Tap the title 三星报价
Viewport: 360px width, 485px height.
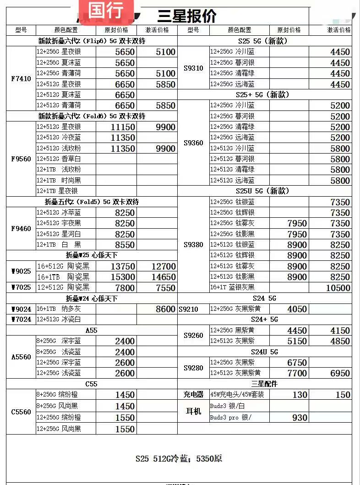click(186, 16)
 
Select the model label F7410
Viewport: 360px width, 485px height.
click(21, 79)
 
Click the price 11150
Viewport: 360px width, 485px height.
click(123, 127)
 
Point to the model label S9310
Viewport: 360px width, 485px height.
click(193, 68)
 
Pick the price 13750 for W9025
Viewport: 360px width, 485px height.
click(123, 266)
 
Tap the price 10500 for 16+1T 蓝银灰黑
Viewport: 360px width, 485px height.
click(338, 288)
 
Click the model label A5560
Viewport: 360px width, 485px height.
click(21, 357)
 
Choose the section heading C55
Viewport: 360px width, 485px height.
click(92, 384)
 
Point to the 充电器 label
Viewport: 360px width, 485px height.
click(193, 395)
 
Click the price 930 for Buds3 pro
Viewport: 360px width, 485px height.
click(300, 418)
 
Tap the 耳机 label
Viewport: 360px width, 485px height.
click(193, 412)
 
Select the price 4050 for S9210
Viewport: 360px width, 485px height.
click(297, 309)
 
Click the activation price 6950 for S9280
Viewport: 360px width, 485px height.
click(340, 373)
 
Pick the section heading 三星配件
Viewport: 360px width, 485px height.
click(264, 384)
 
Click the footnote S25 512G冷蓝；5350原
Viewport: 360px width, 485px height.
click(179, 458)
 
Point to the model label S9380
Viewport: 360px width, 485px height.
click(193, 245)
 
